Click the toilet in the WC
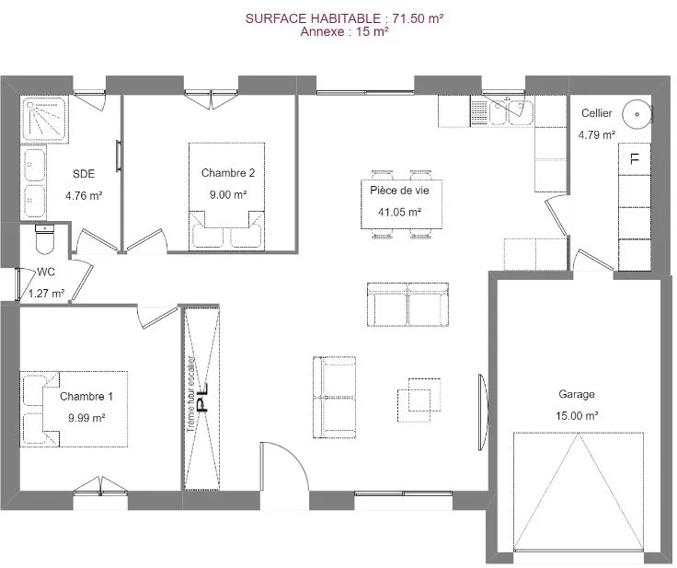(x=44, y=239)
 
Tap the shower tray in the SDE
(x=45, y=119)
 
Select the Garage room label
(x=577, y=394)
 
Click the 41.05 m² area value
(x=399, y=212)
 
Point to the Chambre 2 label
(x=228, y=173)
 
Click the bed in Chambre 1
(x=74, y=409)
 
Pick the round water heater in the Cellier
(x=637, y=114)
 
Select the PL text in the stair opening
(x=202, y=398)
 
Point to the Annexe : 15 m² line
(x=345, y=31)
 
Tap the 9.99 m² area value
(x=86, y=418)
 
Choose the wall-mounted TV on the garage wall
(x=483, y=412)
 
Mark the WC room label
(x=46, y=272)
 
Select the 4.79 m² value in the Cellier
(x=597, y=135)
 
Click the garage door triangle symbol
(x=579, y=492)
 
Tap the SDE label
(x=84, y=174)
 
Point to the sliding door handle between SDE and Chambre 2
(x=119, y=156)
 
